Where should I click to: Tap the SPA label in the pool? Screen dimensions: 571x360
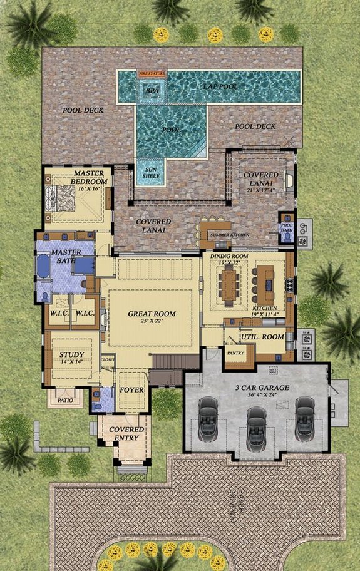pos(153,90)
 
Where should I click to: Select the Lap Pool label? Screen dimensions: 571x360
pos(220,85)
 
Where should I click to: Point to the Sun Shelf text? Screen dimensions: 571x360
pos(150,173)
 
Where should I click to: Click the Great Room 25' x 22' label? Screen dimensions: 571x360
pos(152,317)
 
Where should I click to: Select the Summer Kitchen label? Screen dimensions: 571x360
pos(230,235)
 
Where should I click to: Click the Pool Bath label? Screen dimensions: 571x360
pos(287,227)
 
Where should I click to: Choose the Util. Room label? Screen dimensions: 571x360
pos(262,337)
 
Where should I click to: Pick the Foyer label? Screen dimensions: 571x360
pos(132,390)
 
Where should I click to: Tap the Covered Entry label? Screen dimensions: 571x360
pos(127,434)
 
